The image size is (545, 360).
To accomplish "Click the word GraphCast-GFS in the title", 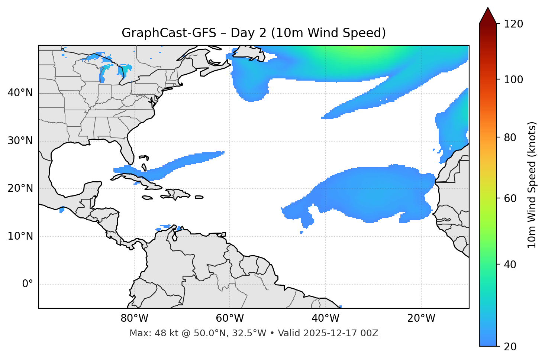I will (x=169, y=33).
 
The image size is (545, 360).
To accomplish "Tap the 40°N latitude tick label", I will (x=20, y=93).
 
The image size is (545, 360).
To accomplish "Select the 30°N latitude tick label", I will (x=20, y=141).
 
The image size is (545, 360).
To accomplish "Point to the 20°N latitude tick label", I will (x=20, y=188).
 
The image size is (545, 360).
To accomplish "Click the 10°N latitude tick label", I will (x=20, y=236).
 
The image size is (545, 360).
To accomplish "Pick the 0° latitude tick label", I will (x=28, y=284).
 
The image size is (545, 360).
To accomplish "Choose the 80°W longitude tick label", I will (x=134, y=318).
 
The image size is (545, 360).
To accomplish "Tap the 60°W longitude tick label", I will (x=230, y=318).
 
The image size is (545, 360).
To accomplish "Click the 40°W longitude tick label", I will (x=325, y=318).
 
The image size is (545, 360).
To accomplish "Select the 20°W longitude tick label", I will (x=421, y=318).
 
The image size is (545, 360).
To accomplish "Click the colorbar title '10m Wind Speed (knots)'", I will (x=532, y=185).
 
